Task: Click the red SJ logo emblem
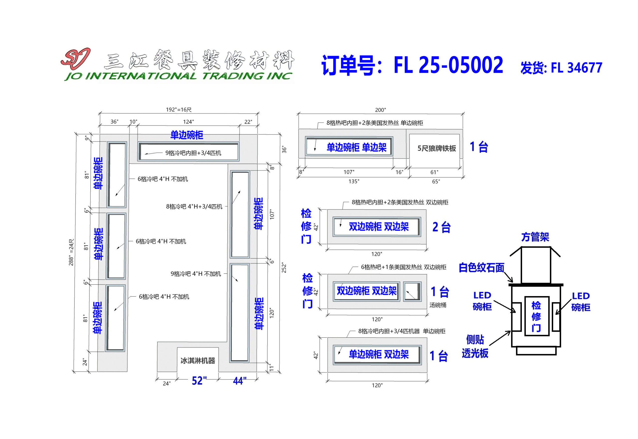pos(75,58)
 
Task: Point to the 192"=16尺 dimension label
pos(179,110)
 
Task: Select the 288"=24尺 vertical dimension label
pos(71,252)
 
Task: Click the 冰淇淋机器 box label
pos(198,361)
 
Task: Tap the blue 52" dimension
pos(199,381)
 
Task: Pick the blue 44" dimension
pos(239,381)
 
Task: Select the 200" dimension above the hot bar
pos(380,110)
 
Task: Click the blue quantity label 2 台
pos(441,227)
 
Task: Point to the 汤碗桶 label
pos(438,305)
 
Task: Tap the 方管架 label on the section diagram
pos(535,237)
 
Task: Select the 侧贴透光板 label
pos(475,347)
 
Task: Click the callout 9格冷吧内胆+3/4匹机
pos(193,153)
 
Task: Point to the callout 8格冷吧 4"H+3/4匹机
pos(194,207)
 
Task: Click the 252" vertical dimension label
pos(284,268)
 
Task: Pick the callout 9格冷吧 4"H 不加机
pos(196,274)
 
